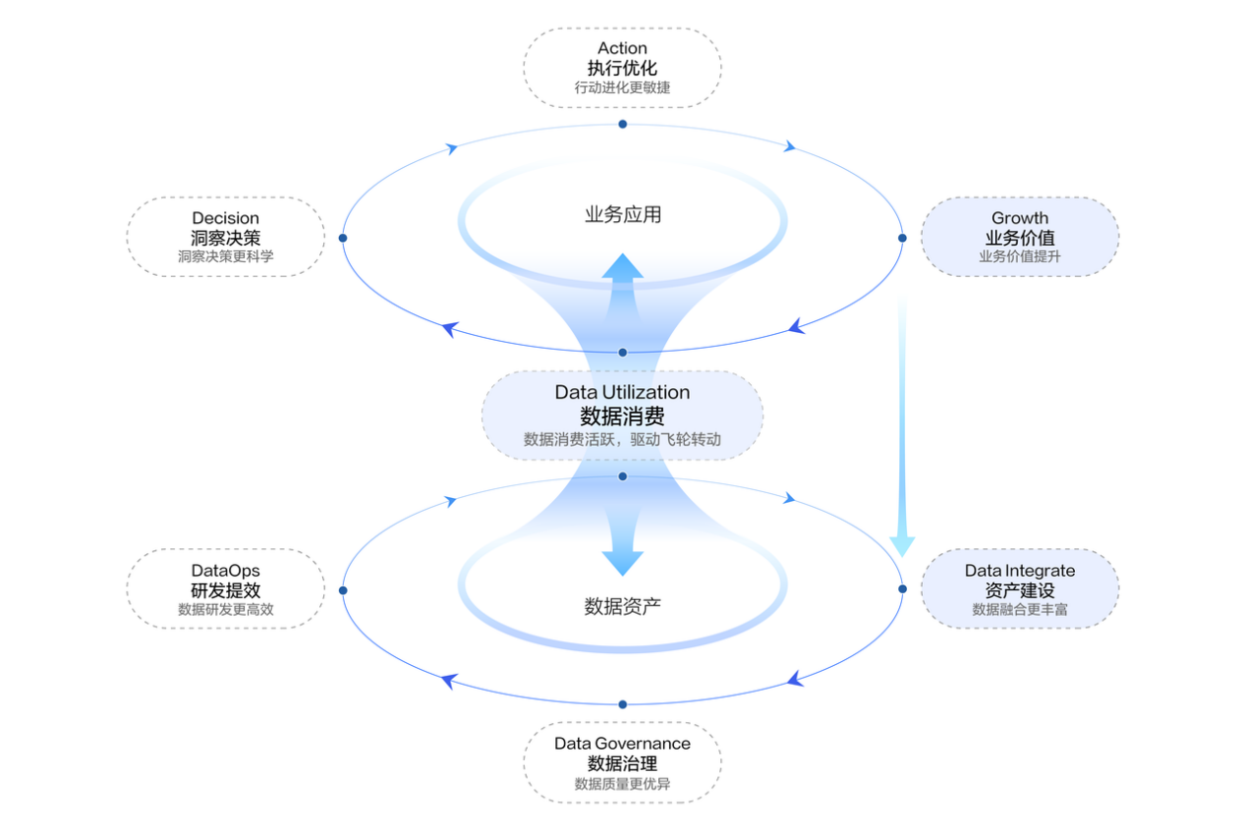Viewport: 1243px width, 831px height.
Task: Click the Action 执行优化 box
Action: tap(622, 67)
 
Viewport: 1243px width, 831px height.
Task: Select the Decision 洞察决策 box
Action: tap(225, 237)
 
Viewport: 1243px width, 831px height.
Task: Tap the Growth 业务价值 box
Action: tap(1019, 237)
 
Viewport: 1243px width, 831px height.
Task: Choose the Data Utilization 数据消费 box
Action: tap(622, 415)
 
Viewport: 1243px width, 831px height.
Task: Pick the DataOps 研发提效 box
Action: tap(225, 588)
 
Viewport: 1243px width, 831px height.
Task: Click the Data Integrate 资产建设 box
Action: tap(1019, 588)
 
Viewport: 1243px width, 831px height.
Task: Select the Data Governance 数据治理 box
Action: tap(622, 762)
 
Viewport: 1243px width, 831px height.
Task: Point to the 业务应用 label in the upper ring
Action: tap(623, 214)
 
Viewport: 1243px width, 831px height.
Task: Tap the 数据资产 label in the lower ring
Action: tap(623, 606)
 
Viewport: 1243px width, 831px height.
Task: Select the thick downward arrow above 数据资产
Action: tap(623, 545)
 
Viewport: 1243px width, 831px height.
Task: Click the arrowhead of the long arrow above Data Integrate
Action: tap(902, 546)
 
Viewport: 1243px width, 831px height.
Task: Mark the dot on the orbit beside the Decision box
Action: tap(343, 238)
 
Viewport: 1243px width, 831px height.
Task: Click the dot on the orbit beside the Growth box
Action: tap(902, 238)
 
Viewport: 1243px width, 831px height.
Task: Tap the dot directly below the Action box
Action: tap(623, 124)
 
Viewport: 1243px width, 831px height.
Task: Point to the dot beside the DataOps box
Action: tap(343, 590)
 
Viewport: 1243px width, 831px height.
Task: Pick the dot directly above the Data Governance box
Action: tap(623, 704)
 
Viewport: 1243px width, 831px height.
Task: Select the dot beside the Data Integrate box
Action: tap(902, 589)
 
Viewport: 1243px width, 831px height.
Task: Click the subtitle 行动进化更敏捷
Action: tap(622, 87)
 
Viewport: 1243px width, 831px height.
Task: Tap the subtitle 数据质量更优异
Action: tap(622, 784)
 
